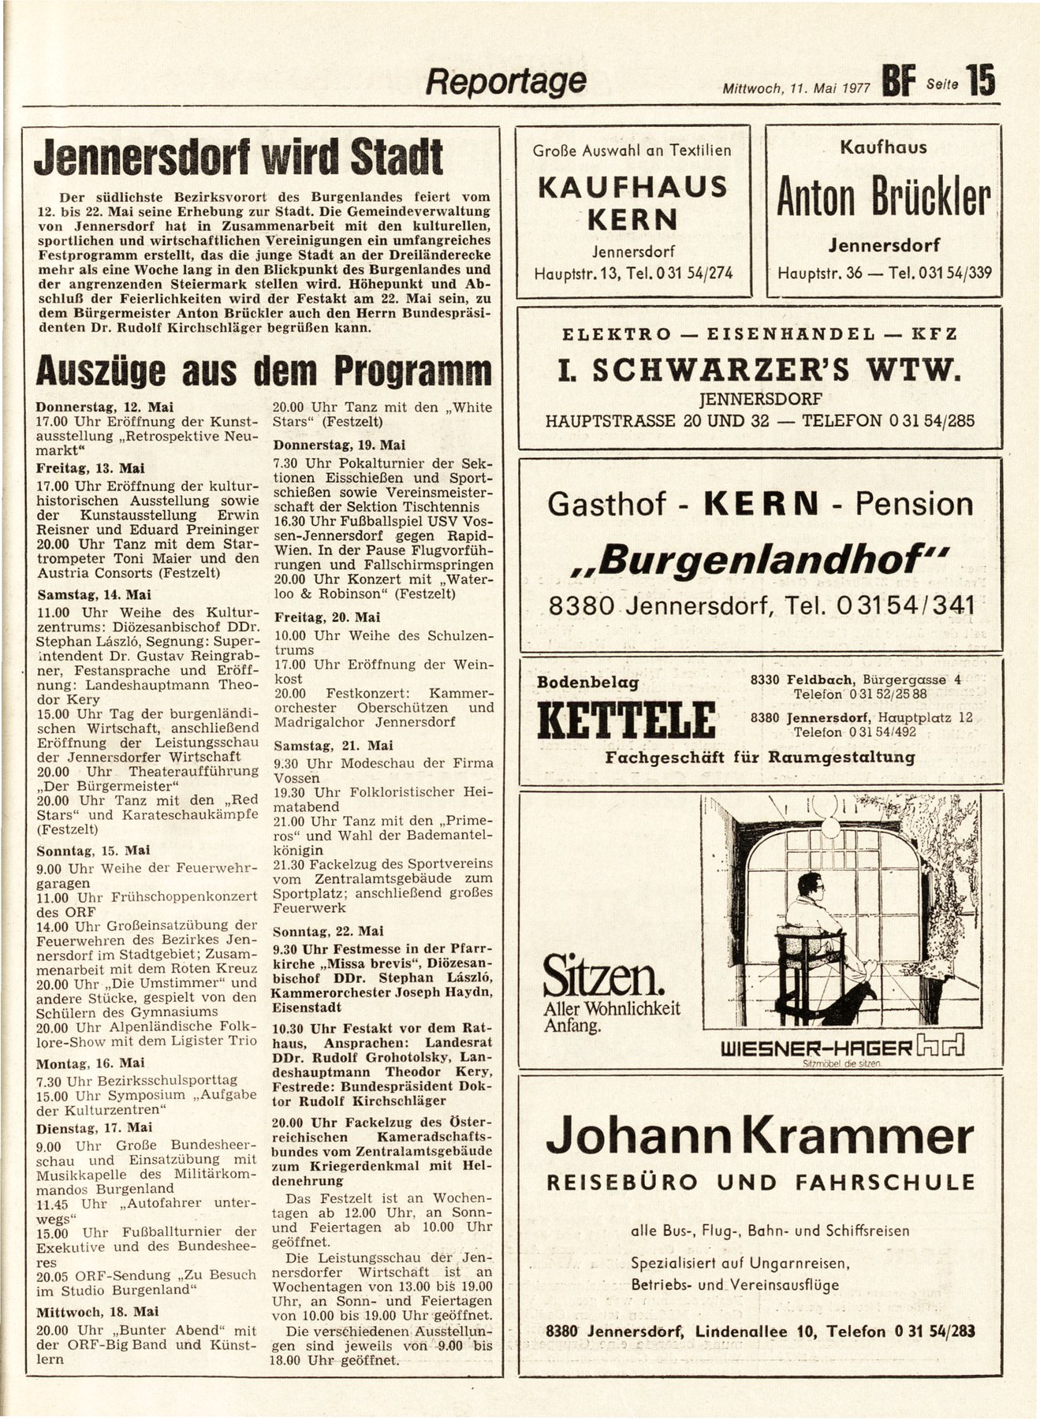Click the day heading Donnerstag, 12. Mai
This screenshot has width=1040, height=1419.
104,408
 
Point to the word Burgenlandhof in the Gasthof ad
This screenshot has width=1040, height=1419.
759,559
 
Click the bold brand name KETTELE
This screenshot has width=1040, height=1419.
626,720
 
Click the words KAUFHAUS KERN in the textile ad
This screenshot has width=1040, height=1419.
632,202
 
